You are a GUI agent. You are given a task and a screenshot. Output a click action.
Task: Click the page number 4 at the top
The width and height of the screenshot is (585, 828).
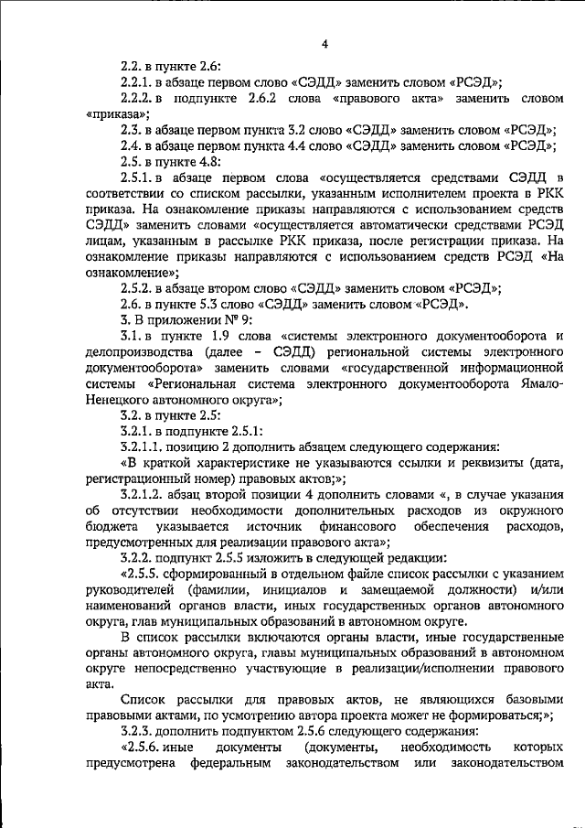(x=324, y=44)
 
